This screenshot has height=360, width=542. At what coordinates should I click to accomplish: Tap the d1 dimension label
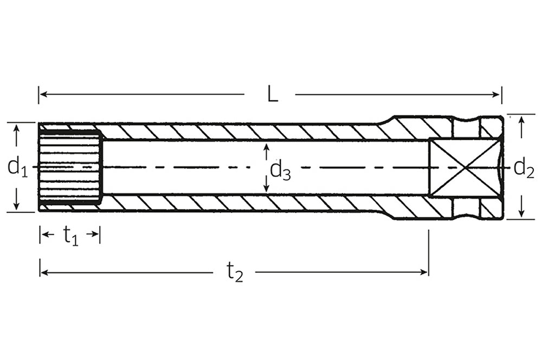tap(17, 167)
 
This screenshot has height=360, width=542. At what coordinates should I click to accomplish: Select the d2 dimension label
tap(524, 168)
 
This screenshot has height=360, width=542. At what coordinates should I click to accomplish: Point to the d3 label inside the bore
tap(280, 171)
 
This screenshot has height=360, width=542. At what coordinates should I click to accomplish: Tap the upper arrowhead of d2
tap(521, 119)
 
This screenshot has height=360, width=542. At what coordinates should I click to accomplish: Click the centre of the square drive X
tap(464, 168)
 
